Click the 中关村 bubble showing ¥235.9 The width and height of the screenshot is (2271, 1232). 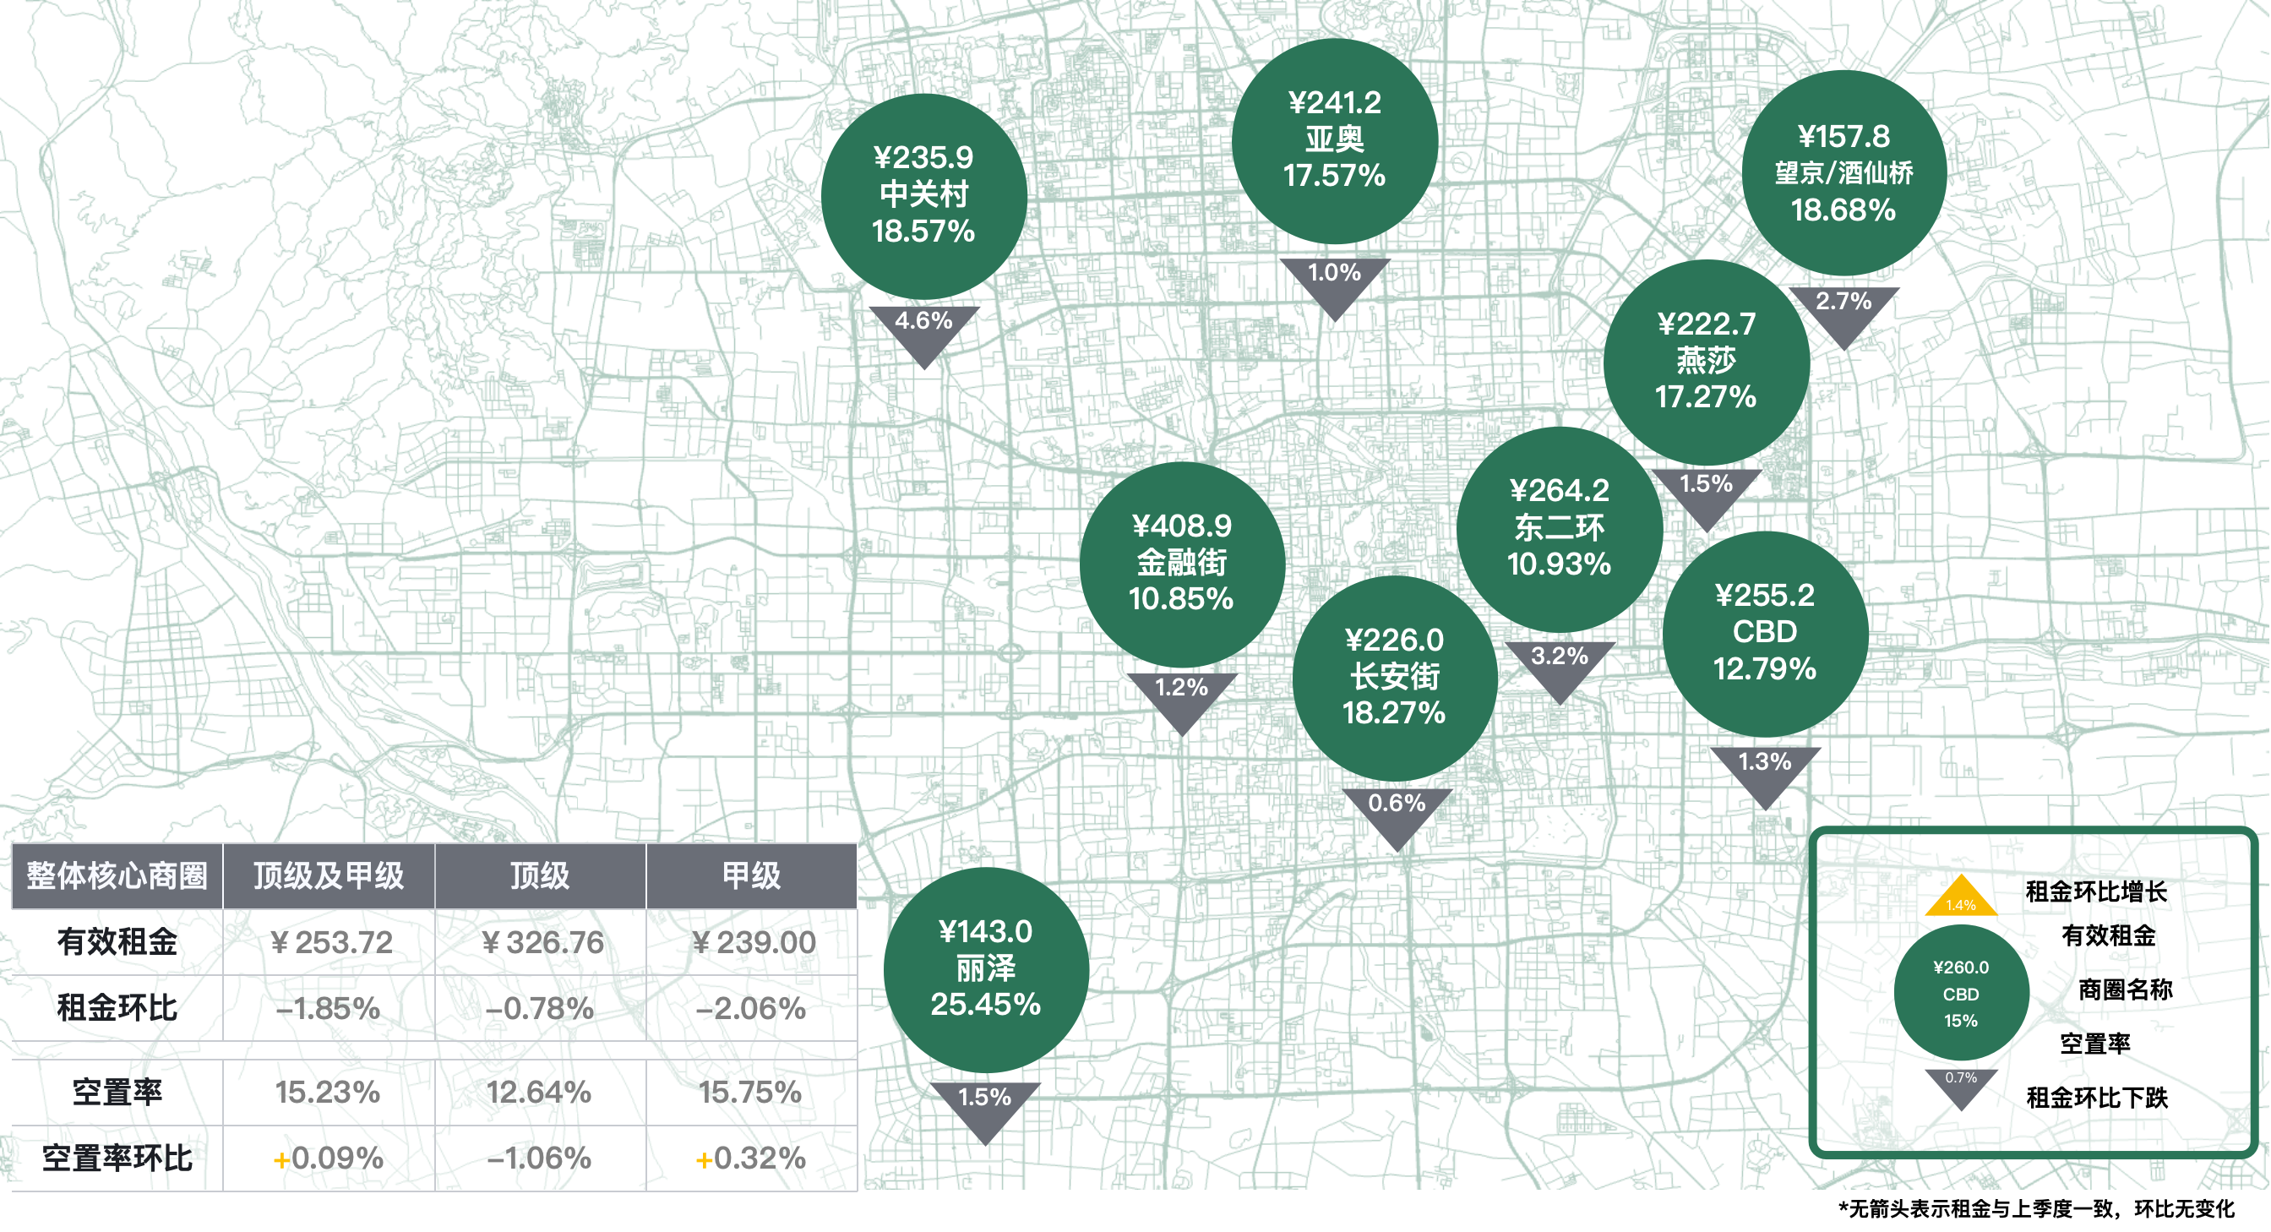[x=923, y=195]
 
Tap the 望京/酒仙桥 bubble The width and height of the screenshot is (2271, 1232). [x=1843, y=173]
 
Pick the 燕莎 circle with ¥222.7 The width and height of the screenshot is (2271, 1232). [x=1706, y=361]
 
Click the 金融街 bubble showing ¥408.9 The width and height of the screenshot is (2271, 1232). [x=1181, y=564]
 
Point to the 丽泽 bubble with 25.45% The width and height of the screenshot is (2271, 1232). [x=986, y=968]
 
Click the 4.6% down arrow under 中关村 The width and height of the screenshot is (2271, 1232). [x=924, y=330]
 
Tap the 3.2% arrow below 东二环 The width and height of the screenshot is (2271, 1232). [x=1560, y=665]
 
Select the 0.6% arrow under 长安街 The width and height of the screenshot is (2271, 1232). [x=1397, y=812]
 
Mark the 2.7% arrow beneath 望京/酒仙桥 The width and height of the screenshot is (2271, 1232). [x=1843, y=310]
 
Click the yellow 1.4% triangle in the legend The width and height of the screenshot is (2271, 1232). [x=1961, y=898]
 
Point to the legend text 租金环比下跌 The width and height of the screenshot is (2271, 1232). [x=2096, y=1098]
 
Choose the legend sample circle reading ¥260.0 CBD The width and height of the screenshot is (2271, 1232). [x=1961, y=994]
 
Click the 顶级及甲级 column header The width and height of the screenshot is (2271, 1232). [x=329, y=875]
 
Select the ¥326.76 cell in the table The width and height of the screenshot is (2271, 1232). [x=542, y=942]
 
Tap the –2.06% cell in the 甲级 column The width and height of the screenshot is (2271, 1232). [x=751, y=1008]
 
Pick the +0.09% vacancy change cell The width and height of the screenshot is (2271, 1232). [x=329, y=1158]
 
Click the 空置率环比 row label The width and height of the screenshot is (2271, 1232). [x=117, y=1158]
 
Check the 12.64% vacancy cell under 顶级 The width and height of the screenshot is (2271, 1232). [x=540, y=1093]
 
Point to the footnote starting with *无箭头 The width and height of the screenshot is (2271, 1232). [x=2036, y=1208]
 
